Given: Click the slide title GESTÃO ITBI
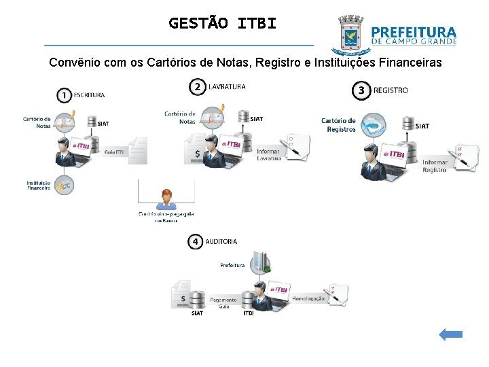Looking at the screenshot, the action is click(223, 23).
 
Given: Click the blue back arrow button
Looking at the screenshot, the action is click(450, 334).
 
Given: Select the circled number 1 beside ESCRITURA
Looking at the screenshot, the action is click(65, 94).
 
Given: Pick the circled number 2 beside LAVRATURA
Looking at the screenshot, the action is click(198, 86).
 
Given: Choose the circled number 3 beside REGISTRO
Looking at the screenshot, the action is click(362, 90).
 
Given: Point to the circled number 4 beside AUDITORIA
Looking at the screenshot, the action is click(196, 241).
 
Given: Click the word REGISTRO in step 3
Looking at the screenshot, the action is click(391, 90).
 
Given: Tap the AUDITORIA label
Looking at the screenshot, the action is click(221, 241).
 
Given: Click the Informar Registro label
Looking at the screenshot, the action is click(435, 166).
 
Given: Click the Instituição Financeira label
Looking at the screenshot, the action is click(39, 185).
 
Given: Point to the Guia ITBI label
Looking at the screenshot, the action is click(115, 152).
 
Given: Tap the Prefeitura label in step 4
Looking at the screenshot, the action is click(232, 265).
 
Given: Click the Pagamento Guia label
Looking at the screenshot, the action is click(223, 302).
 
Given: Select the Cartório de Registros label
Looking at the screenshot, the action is click(338, 125).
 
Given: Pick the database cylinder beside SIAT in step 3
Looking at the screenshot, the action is click(408, 124).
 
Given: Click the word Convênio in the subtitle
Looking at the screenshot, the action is click(73, 63).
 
